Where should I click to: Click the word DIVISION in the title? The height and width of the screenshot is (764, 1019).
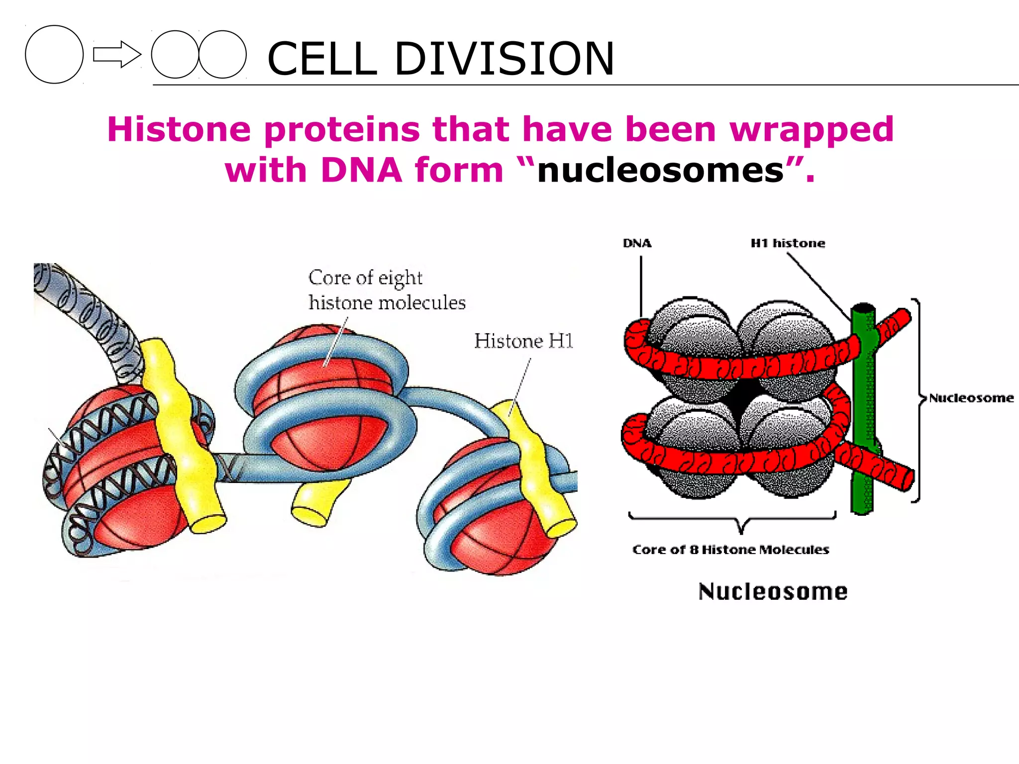click(x=504, y=59)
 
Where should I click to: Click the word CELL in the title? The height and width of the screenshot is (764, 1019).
click(x=322, y=59)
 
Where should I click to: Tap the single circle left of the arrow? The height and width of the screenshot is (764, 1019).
click(x=54, y=54)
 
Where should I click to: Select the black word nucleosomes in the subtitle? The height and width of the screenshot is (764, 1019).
click(x=661, y=171)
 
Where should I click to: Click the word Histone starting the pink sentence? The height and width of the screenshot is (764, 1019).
click(x=179, y=129)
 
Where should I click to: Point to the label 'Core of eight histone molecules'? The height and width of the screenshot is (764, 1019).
click(x=386, y=290)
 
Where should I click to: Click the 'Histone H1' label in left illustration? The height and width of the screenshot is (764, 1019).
click(x=523, y=341)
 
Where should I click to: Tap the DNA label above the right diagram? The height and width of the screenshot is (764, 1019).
click(x=637, y=243)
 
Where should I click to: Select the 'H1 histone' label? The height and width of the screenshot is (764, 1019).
click(x=788, y=243)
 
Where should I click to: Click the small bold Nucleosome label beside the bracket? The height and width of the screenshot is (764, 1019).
click(x=971, y=398)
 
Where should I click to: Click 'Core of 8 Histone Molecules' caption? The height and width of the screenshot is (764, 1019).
click(x=730, y=550)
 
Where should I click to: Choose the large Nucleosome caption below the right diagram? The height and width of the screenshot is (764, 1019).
click(x=773, y=591)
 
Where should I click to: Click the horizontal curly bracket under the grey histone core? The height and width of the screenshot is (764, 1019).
click(x=732, y=520)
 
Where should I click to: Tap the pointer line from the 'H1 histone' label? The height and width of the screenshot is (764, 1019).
click(x=818, y=286)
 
